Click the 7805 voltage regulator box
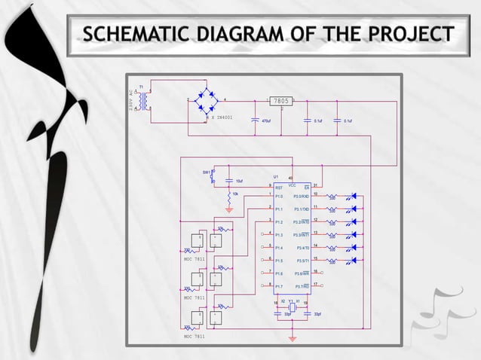(280, 100)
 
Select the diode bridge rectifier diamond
(205, 101)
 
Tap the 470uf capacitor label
(265, 121)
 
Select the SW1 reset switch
(212, 175)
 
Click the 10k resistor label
(235, 194)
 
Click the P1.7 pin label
(279, 287)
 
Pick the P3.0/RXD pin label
(302, 196)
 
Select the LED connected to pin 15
(350, 261)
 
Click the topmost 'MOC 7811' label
(195, 258)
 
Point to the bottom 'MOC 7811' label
(195, 337)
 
